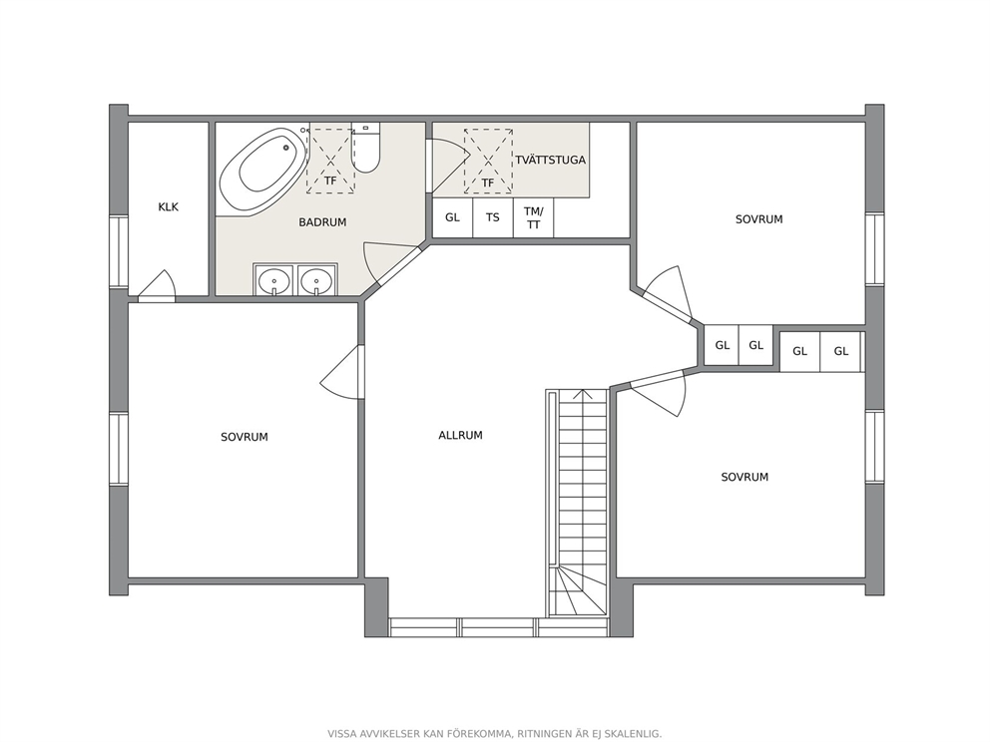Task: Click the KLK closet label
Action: [x=169, y=207]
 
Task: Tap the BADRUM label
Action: [x=322, y=222]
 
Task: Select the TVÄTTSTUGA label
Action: [x=551, y=160]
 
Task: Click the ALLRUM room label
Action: [x=460, y=435]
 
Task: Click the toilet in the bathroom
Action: [x=366, y=148]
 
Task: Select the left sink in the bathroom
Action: [x=274, y=279]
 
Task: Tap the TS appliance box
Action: [x=493, y=217]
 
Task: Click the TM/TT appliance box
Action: [x=534, y=217]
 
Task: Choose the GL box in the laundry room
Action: [x=453, y=217]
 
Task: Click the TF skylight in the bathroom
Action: [x=331, y=161]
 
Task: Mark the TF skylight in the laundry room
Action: [x=488, y=161]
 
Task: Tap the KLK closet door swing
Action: [x=157, y=283]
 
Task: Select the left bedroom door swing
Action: [x=341, y=372]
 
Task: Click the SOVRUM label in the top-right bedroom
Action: [x=758, y=219]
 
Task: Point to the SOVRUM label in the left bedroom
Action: [x=245, y=437]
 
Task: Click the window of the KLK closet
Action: [x=119, y=251]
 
